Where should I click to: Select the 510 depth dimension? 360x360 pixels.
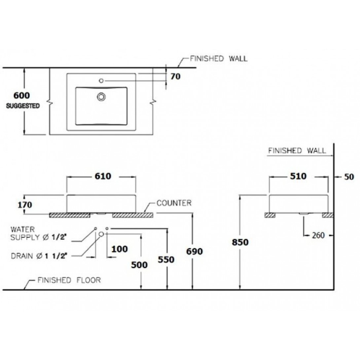298,176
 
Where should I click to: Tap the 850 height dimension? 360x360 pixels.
240,242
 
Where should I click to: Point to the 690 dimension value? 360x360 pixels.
195,252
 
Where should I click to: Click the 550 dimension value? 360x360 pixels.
166,260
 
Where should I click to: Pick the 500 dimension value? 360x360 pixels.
139,265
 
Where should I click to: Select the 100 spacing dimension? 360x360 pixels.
119,249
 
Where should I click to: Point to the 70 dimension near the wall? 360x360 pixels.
175,77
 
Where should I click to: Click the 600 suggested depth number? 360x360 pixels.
21,95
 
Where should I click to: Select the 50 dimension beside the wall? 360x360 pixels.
349,177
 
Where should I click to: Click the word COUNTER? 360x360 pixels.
174,203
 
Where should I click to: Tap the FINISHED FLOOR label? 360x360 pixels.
69,280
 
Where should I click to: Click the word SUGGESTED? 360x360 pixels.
23,106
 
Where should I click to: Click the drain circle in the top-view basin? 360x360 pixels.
101,96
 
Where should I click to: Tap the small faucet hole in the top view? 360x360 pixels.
101,80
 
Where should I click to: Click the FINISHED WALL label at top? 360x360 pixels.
218,59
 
